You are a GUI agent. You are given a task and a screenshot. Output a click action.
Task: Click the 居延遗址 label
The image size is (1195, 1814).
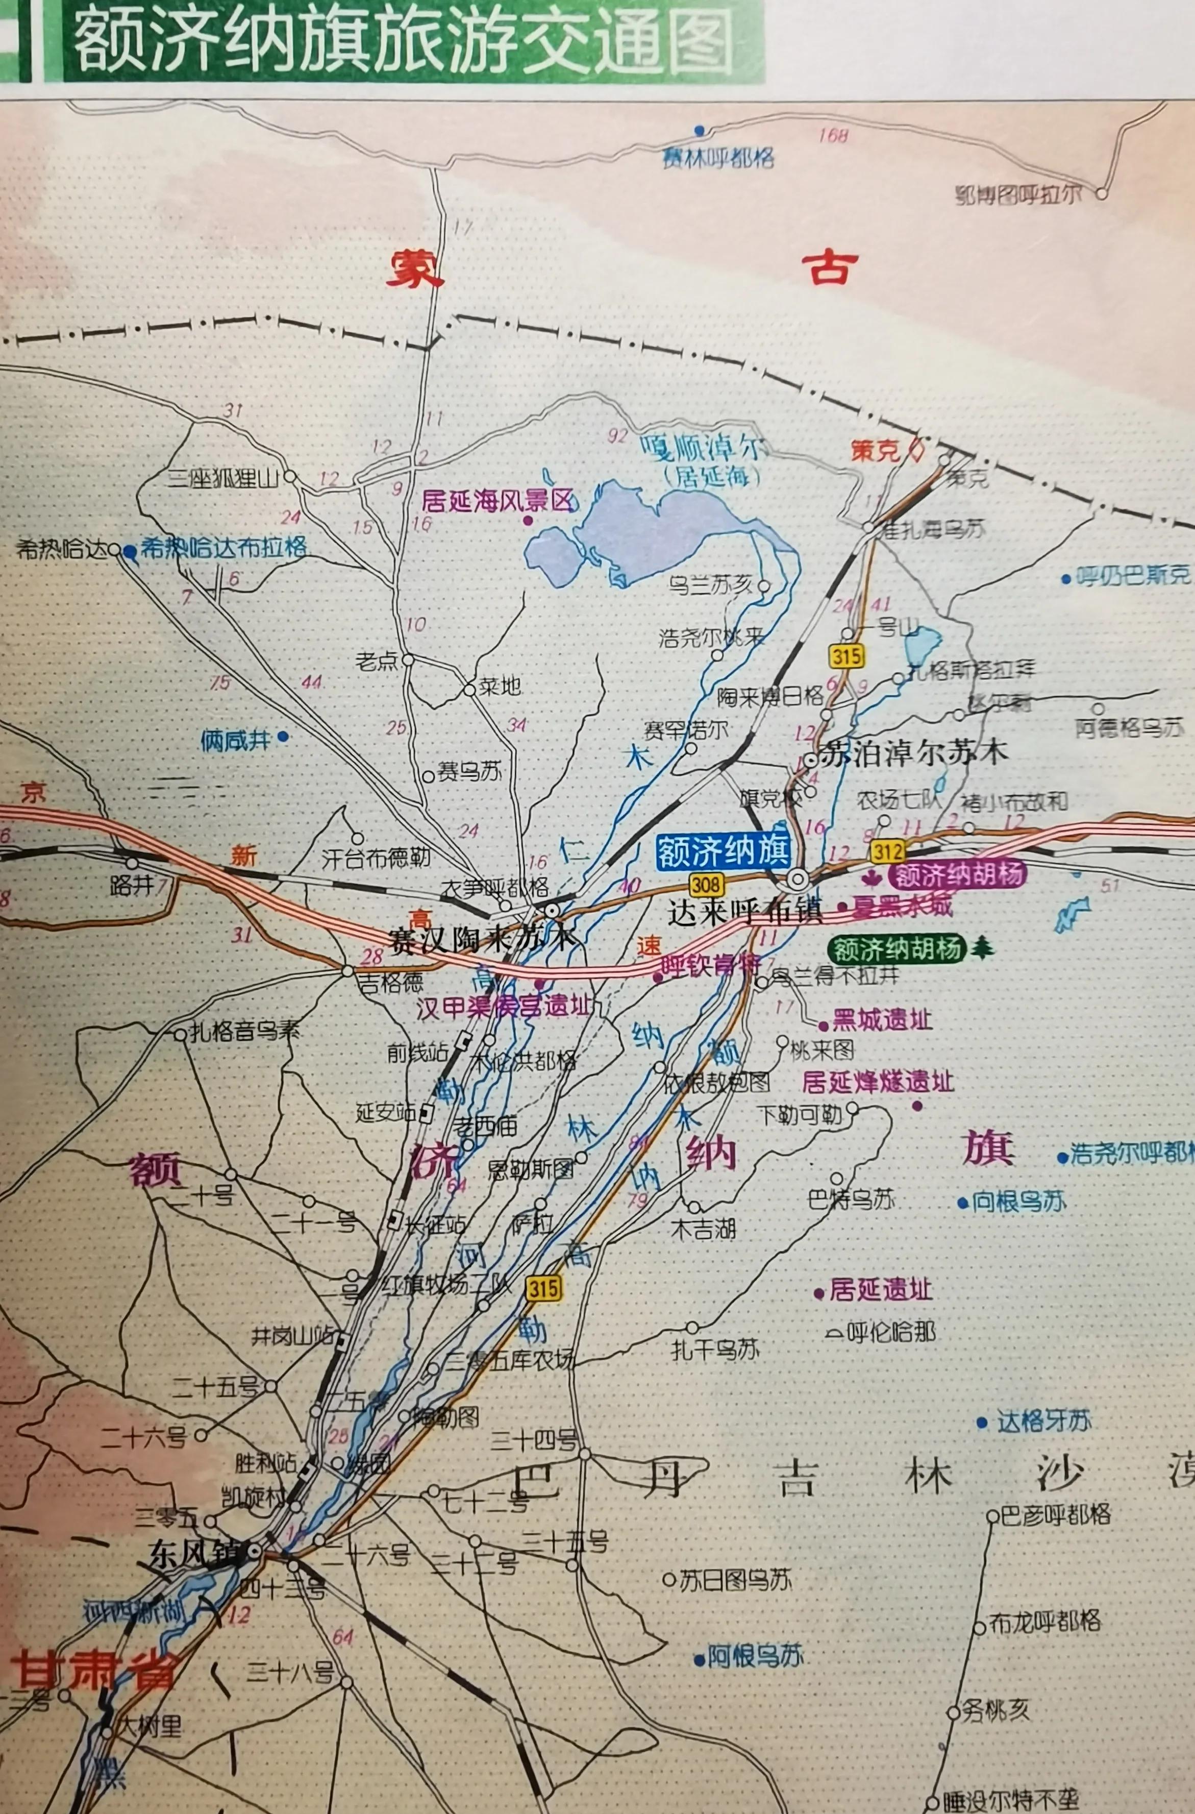(880, 1290)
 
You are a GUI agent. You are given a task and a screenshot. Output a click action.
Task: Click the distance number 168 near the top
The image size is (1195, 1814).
(833, 136)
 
